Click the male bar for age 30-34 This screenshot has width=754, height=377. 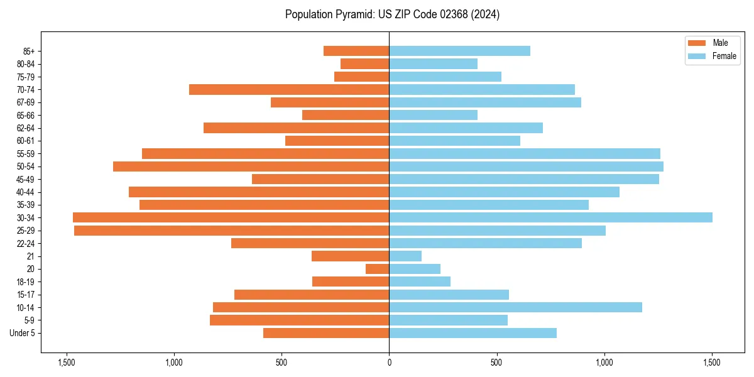(x=231, y=217)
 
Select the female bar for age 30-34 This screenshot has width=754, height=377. (x=550, y=217)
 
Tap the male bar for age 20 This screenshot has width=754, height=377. (x=378, y=269)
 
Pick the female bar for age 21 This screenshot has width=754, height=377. (x=405, y=256)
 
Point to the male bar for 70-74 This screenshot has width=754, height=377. (x=289, y=89)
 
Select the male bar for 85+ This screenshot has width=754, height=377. (x=356, y=51)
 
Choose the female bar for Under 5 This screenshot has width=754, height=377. (x=473, y=333)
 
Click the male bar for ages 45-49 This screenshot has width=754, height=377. (x=320, y=179)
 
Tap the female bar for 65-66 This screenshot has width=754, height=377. (x=433, y=115)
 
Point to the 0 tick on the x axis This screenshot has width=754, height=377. (x=389, y=363)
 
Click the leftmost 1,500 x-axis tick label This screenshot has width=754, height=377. (x=66, y=363)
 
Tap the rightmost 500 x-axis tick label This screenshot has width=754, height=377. (x=496, y=363)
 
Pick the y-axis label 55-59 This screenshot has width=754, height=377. (x=25, y=153)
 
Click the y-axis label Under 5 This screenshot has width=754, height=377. (x=22, y=333)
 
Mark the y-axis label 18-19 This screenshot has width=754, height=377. (x=25, y=281)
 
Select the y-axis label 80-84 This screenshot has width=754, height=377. (x=25, y=63)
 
